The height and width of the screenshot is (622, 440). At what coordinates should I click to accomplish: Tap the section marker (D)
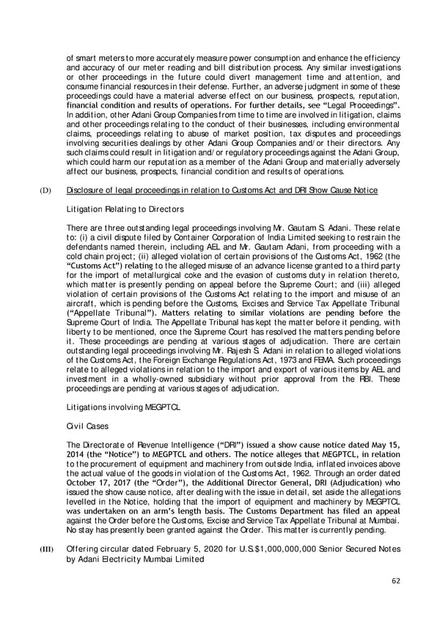click(45, 191)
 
